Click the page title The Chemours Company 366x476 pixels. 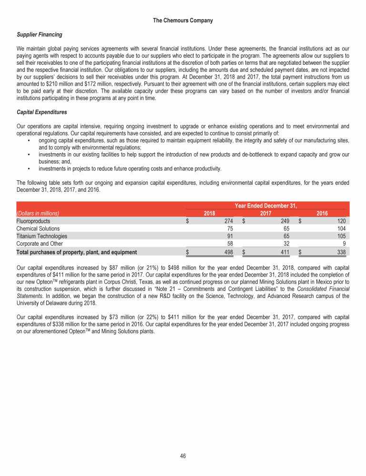[183, 20]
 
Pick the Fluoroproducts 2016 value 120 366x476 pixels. [340, 221]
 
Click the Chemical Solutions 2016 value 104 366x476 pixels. [340, 228]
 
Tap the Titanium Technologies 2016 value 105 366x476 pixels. [340, 236]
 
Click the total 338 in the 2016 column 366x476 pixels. [340, 252]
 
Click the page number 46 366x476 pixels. [183, 456]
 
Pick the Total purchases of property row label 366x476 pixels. [76, 252]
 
